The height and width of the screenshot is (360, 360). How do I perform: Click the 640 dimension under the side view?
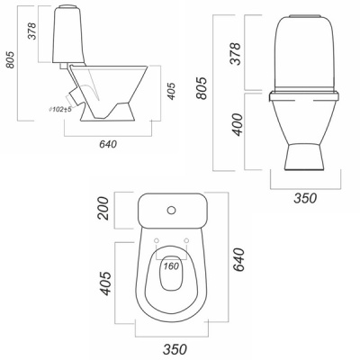[x=108, y=144]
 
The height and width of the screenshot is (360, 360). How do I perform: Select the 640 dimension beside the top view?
[x=238, y=260]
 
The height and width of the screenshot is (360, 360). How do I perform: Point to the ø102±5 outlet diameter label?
[x=60, y=109]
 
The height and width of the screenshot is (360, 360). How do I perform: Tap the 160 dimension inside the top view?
[x=171, y=265]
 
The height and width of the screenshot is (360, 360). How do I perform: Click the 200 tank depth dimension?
[x=103, y=208]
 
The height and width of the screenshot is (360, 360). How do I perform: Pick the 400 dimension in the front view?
[x=238, y=124]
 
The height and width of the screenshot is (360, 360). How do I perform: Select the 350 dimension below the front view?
[x=305, y=198]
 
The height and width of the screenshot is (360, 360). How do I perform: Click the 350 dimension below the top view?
[x=175, y=349]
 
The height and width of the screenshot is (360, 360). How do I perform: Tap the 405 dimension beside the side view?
[x=171, y=91]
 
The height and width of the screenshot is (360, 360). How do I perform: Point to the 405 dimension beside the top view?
[x=106, y=283]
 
